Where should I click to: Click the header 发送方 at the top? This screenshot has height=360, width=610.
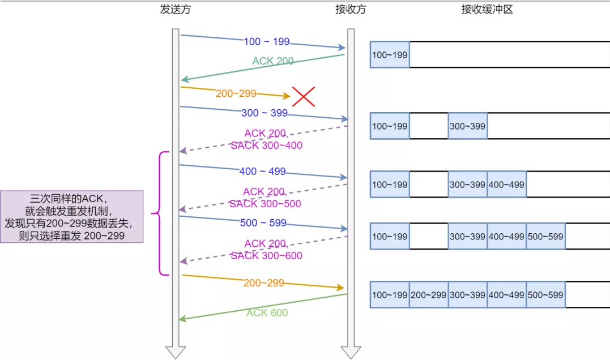(x=176, y=10)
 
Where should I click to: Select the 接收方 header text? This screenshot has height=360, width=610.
(x=351, y=10)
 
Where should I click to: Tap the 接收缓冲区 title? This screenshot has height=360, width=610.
(x=487, y=10)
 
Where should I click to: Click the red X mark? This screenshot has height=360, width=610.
(x=304, y=97)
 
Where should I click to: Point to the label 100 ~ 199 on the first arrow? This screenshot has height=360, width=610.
(x=267, y=41)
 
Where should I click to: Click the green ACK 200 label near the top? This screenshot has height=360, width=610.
(x=273, y=61)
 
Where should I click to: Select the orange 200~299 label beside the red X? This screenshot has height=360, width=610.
(x=236, y=93)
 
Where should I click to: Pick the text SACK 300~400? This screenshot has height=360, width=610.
(x=266, y=145)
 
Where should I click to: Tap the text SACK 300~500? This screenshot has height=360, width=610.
(x=265, y=204)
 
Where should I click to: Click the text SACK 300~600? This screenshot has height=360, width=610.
(x=266, y=256)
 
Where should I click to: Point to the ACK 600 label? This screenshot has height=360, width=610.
(x=267, y=313)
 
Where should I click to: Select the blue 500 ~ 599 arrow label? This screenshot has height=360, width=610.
(x=263, y=223)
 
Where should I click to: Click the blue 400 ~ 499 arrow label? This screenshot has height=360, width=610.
(x=263, y=172)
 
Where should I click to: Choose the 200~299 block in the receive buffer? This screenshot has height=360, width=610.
(x=429, y=295)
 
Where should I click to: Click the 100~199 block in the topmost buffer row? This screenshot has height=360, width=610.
(x=390, y=55)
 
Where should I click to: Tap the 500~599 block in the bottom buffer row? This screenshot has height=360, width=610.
(x=545, y=295)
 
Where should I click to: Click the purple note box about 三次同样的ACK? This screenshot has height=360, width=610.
(x=72, y=217)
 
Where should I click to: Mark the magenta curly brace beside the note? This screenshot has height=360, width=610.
(x=160, y=213)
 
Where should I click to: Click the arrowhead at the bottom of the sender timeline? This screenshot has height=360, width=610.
(x=176, y=352)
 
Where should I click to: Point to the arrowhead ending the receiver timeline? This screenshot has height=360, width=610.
(x=351, y=352)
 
